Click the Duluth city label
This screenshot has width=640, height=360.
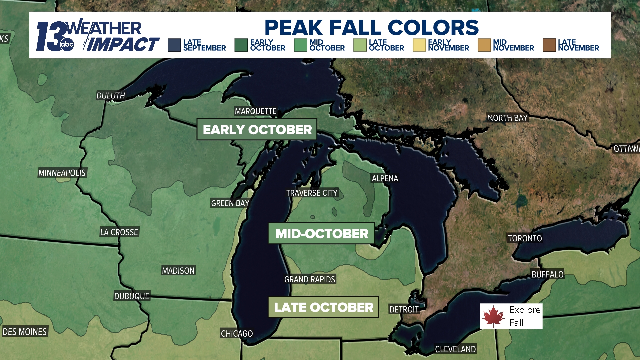pyautogui.click(x=111, y=96)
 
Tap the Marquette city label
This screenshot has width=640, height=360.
pyautogui.click(x=256, y=111)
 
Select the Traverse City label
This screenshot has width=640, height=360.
pyautogui.click(x=312, y=193)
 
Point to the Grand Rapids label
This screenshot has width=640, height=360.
pyautogui.click(x=310, y=279)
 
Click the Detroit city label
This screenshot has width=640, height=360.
pyautogui.click(x=404, y=310)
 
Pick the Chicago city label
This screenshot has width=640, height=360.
pyautogui.click(x=237, y=334)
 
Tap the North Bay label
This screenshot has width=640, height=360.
pyautogui.click(x=507, y=118)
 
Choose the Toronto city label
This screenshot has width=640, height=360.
pyautogui.click(x=525, y=238)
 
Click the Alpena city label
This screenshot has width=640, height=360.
pyautogui.click(x=385, y=179)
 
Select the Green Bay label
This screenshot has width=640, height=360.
pyautogui.click(x=230, y=203)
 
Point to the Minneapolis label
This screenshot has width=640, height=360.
pyautogui.click(x=62, y=173)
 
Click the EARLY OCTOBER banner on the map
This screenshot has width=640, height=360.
pyautogui.click(x=257, y=130)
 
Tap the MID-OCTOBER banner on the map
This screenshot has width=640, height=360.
pyautogui.click(x=322, y=234)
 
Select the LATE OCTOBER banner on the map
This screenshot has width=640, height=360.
pyautogui.click(x=324, y=307)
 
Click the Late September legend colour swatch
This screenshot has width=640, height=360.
pyautogui.click(x=174, y=45)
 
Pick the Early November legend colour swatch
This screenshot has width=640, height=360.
pyautogui.click(x=419, y=45)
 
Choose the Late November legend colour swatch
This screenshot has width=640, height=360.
pyautogui.click(x=549, y=45)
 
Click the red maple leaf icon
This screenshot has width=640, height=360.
pyautogui.click(x=494, y=316)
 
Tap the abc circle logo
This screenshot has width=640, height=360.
pyautogui.click(x=67, y=45)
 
